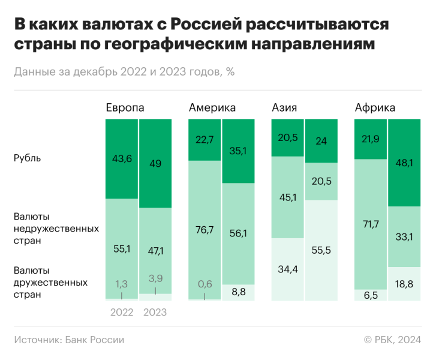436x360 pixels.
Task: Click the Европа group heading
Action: coord(125,107)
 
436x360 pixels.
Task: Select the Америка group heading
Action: coord(212,107)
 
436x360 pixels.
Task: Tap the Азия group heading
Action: coord(284,107)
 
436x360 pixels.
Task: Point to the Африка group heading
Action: coord(375,107)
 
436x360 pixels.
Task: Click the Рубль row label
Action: coord(28,158)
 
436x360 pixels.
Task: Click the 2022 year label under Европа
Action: coord(122,313)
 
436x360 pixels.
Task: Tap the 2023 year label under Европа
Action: coord(155,313)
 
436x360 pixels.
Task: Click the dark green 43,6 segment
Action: coord(122,159)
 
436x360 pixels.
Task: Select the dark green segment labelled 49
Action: coord(155,163)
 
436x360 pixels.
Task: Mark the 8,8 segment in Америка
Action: coord(238,292)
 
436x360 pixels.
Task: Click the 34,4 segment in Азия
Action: coord(288,269)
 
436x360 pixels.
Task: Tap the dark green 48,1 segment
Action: coord(404,163)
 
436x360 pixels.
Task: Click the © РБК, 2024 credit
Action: coord(392,340)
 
